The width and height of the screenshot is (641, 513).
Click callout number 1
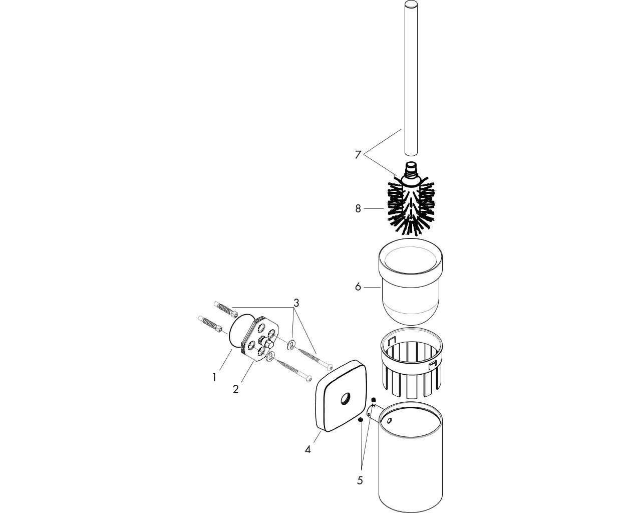point(214,378)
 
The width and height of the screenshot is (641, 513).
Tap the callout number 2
point(235,389)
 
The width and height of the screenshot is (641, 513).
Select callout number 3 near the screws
point(296,303)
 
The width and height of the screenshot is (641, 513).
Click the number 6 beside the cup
point(358,287)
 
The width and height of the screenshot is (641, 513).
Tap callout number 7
point(358,155)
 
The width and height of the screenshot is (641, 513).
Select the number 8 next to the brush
point(358,209)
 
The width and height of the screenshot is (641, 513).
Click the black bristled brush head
point(411,207)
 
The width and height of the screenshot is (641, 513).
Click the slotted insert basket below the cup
point(411,363)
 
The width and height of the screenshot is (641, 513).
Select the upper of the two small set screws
point(374,399)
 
